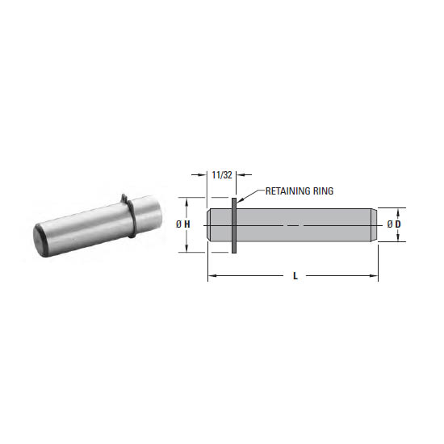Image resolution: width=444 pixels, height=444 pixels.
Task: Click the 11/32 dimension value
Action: pyautogui.click(x=221, y=174)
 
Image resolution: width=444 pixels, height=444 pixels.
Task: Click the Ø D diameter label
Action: pyautogui.click(x=394, y=224)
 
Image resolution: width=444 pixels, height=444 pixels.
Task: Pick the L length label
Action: pyautogui.click(x=295, y=276)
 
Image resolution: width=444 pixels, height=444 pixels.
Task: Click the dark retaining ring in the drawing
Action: pyautogui.click(x=234, y=226)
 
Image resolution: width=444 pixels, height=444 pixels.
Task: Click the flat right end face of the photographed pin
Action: pyautogui.click(x=150, y=211)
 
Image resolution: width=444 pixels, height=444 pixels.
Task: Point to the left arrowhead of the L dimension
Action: pyautogui.click(x=212, y=276)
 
